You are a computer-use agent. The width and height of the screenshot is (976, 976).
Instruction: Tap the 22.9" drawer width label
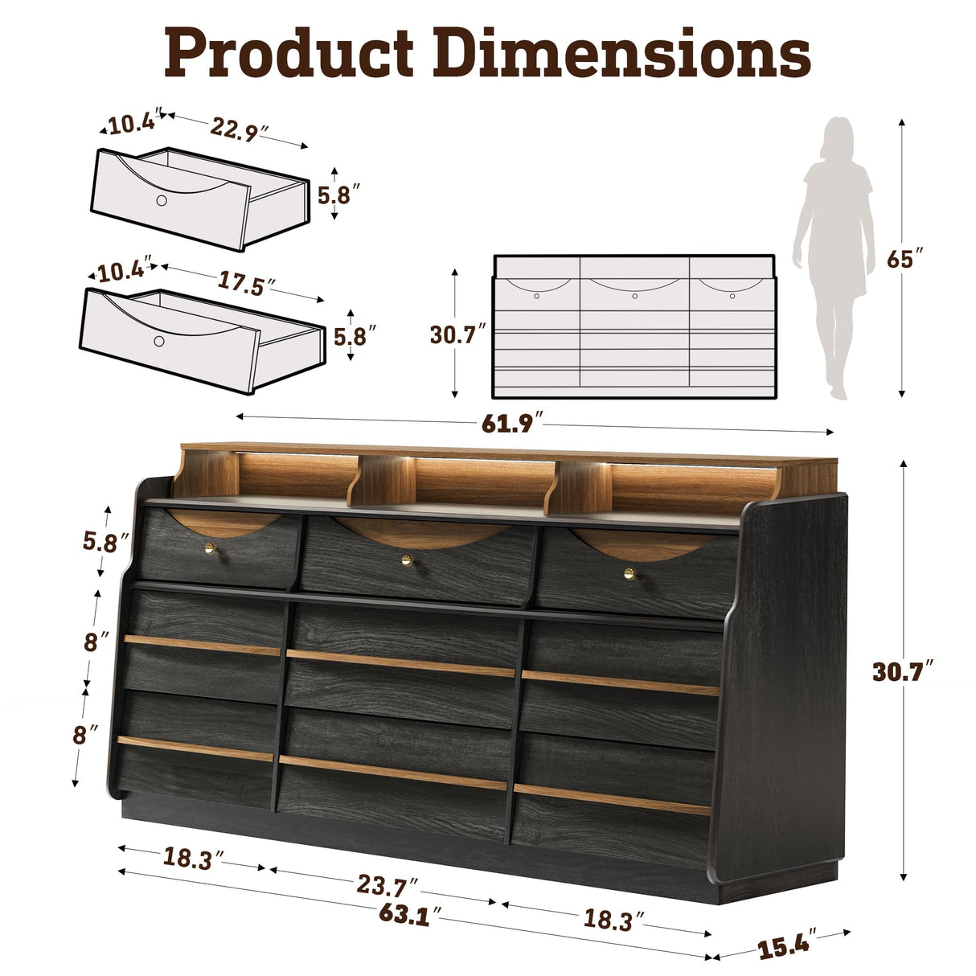(239, 129)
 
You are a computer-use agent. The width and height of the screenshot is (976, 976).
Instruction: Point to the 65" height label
(904, 259)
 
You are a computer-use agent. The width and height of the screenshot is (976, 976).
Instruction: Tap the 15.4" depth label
(787, 944)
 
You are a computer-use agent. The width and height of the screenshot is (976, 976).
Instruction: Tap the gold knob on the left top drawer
(210, 548)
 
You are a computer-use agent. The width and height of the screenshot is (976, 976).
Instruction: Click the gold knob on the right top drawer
(629, 573)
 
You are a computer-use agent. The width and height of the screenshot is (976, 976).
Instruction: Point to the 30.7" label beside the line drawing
(458, 334)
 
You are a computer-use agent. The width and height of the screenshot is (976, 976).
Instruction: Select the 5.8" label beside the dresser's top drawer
(106, 541)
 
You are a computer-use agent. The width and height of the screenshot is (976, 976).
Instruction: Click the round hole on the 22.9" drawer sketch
(162, 199)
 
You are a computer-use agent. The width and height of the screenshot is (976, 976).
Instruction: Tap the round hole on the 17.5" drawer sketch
(159, 342)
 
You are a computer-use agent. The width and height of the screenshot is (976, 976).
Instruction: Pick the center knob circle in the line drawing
(634, 297)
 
